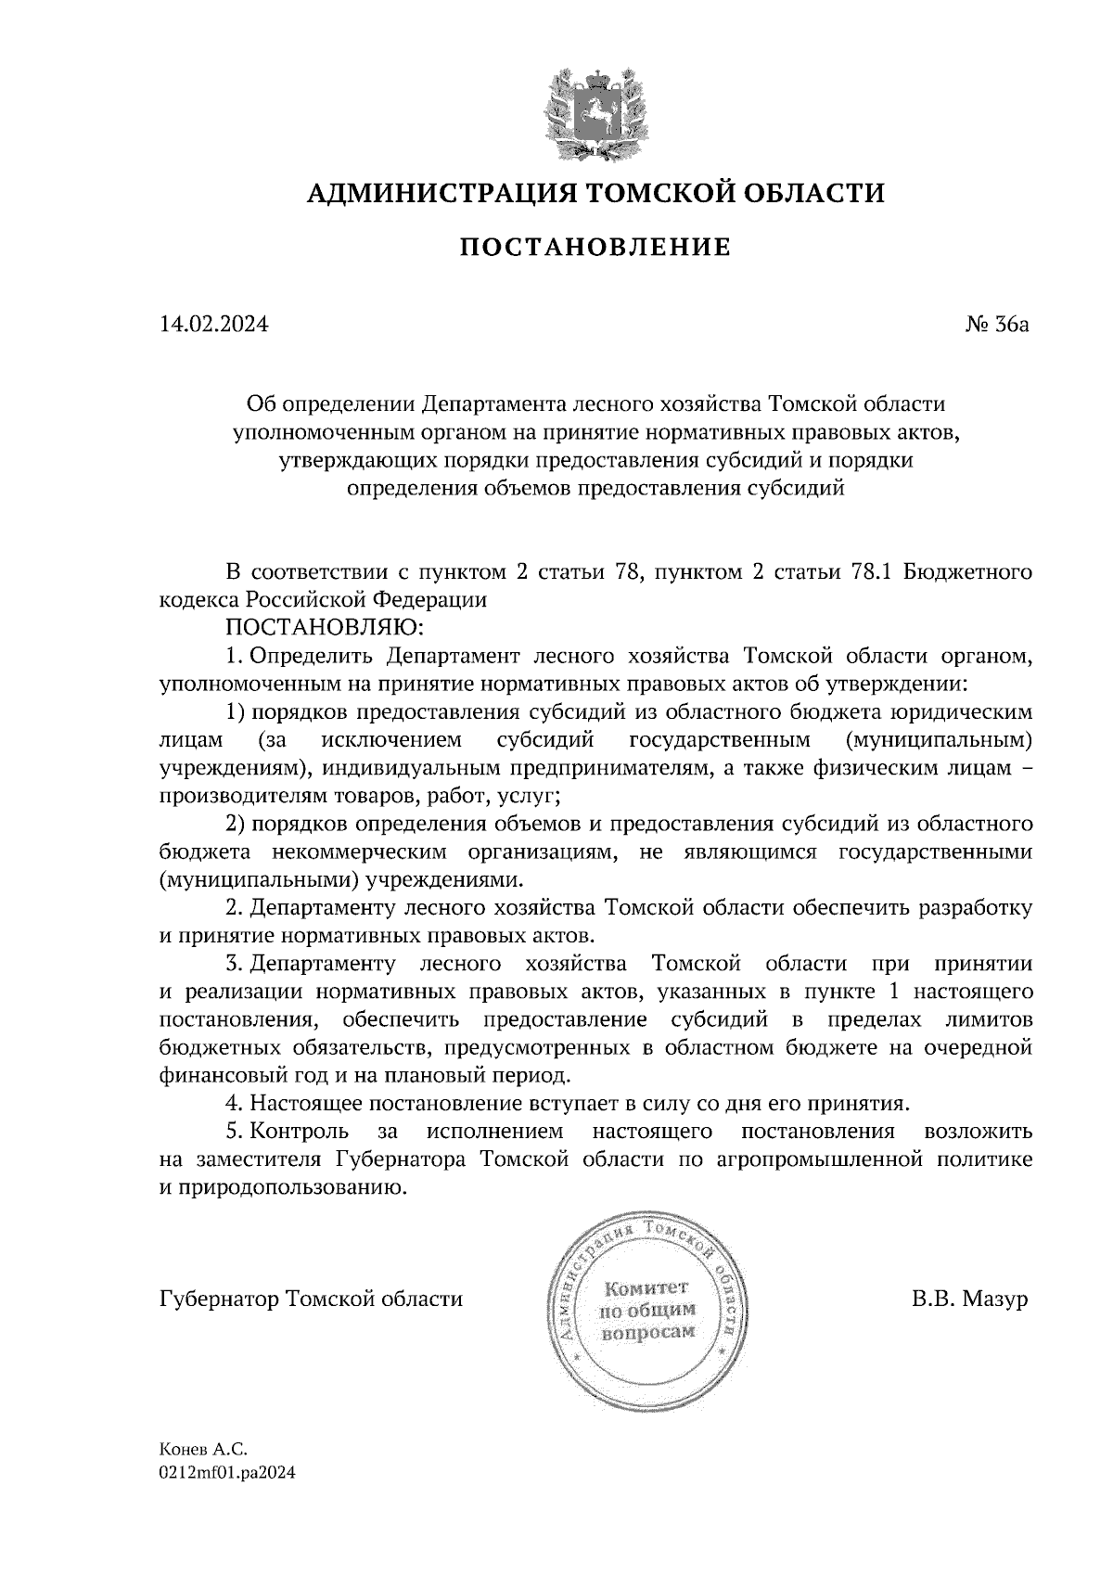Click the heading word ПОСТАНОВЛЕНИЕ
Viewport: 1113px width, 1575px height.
click(595, 247)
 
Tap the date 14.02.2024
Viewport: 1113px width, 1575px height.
click(214, 325)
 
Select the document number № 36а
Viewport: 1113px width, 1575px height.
click(996, 325)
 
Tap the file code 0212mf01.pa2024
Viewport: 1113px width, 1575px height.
click(226, 1472)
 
